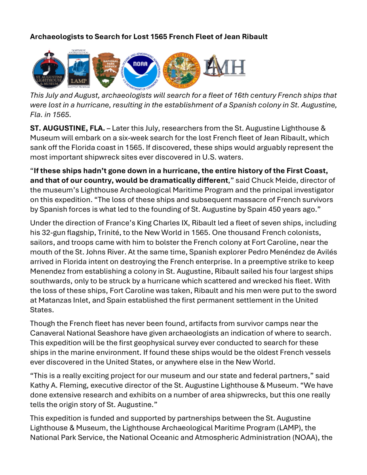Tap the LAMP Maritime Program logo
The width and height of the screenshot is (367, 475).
[x=79, y=68]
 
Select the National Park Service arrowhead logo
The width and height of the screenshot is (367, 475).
[x=107, y=68]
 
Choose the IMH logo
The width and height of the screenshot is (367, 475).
[x=224, y=67]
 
